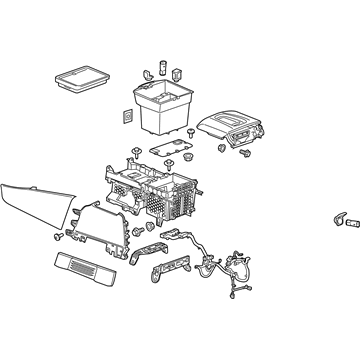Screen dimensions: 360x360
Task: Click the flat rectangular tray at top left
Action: tap(80, 74)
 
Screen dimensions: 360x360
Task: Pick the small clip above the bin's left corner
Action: tap(144, 73)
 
